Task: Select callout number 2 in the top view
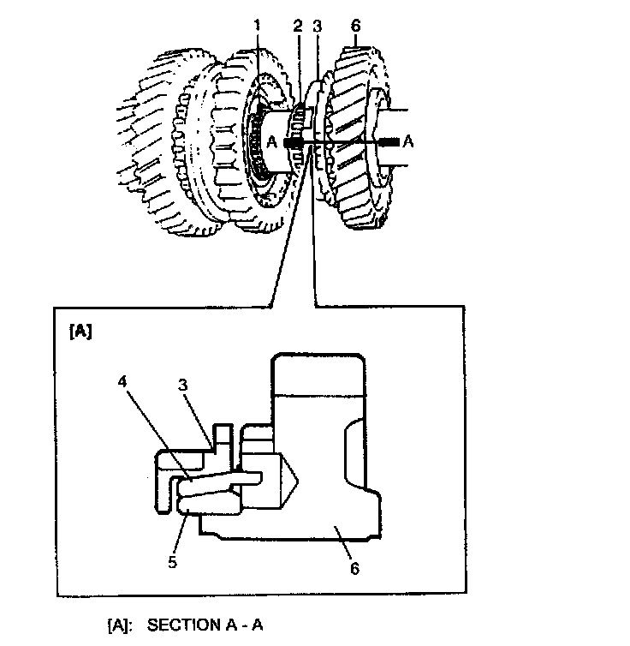297,26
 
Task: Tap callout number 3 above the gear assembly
318,26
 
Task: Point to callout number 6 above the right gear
354,26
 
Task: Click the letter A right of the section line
407,143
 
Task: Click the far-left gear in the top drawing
158,146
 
